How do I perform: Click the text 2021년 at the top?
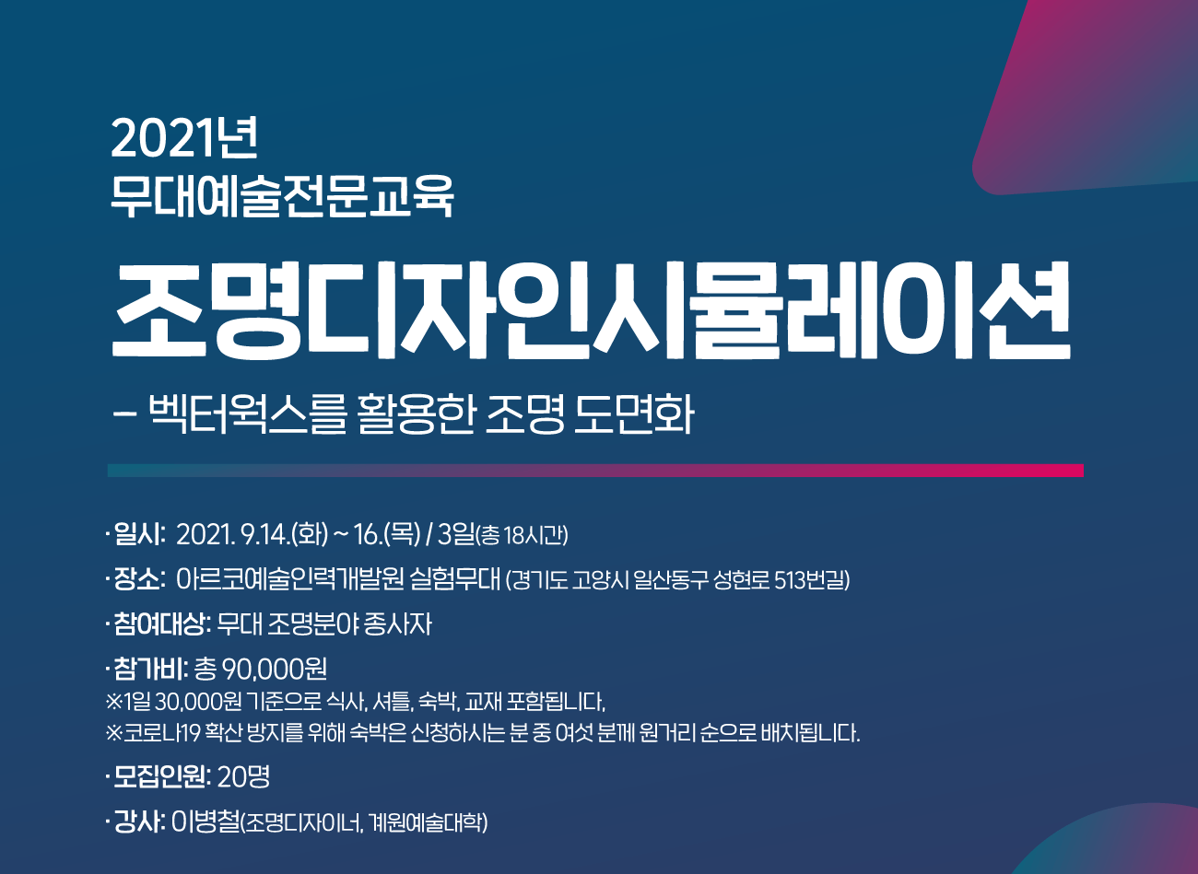[x=184, y=138]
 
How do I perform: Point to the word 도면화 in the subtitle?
[x=634, y=414]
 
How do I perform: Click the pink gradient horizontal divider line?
[x=595, y=471]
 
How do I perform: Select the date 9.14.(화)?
[x=285, y=534]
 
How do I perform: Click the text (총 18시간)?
[x=522, y=535]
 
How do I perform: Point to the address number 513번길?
[x=810, y=580]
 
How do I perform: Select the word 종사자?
[x=397, y=624]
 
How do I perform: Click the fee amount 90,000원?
[x=275, y=669]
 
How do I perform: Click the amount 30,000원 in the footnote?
[x=197, y=702]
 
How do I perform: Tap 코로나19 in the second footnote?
[x=161, y=733]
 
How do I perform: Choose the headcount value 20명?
[x=244, y=776]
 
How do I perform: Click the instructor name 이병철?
[x=206, y=822]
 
